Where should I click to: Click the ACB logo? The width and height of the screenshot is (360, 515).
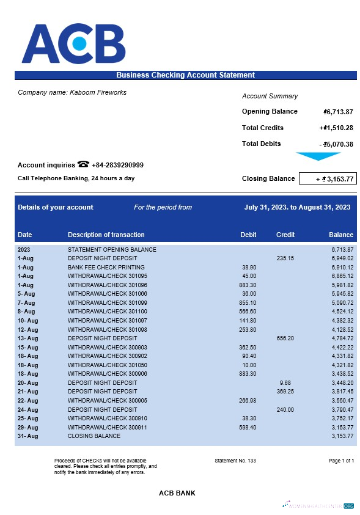(73, 44)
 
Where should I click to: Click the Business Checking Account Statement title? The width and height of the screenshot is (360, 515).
(185, 75)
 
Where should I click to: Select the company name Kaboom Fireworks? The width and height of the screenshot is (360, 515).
(72, 92)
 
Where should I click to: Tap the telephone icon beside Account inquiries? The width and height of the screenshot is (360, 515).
(83, 165)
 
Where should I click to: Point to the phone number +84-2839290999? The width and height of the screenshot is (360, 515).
(117, 165)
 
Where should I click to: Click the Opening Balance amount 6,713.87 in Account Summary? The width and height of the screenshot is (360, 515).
(338, 112)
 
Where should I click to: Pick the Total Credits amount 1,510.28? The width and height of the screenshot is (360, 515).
(336, 128)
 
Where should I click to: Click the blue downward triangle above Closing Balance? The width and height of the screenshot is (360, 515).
(317, 156)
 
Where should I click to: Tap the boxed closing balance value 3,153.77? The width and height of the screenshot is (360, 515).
(327, 179)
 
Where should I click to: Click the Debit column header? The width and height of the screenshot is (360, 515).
(249, 235)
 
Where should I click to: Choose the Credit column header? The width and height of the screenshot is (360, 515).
(285, 235)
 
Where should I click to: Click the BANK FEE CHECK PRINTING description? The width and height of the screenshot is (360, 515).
(106, 268)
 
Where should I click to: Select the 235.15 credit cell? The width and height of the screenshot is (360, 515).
(285, 258)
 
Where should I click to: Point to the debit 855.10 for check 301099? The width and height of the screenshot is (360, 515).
(248, 303)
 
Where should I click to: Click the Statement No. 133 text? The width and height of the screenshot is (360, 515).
(235, 460)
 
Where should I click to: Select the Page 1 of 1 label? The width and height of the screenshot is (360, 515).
(341, 460)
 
